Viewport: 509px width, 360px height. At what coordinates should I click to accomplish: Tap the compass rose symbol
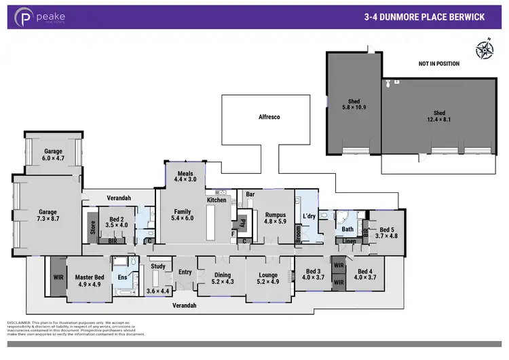pos(483,49)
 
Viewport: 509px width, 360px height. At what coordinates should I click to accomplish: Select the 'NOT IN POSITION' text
pos(438,64)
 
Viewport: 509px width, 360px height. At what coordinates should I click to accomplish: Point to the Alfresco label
pos(269,118)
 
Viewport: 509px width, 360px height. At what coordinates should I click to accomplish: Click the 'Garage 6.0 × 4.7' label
pos(53,155)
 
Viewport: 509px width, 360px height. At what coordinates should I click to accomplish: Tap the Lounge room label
pos(268,279)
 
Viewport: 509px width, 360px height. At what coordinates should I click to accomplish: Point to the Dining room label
pos(222,279)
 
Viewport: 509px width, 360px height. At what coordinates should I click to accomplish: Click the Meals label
pos(185,177)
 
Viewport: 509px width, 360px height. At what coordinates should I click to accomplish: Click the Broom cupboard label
pos(298,234)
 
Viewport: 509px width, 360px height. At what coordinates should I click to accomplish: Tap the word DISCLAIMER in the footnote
pos(20,321)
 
